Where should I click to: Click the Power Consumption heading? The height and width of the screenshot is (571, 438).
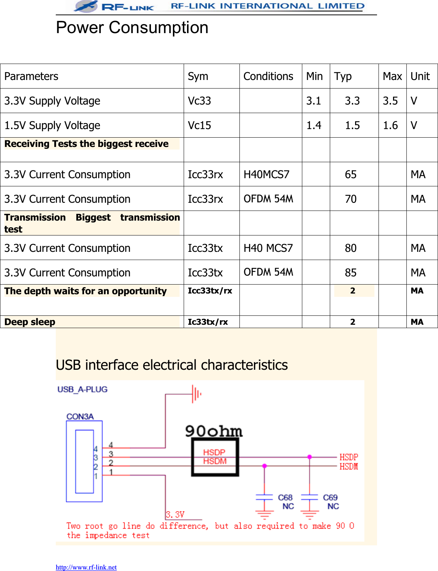[132, 28]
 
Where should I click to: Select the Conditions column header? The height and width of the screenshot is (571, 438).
[268, 76]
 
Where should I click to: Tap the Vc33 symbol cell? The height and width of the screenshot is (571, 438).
[199, 101]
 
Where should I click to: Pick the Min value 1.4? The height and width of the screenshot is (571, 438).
[313, 125]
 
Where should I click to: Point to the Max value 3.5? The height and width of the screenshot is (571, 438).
[390, 101]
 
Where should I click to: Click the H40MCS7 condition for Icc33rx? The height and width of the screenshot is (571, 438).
[266, 174]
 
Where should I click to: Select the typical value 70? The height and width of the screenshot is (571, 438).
[351, 199]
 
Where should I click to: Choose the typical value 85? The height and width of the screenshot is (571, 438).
[351, 273]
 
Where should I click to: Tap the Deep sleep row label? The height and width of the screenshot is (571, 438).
[30, 322]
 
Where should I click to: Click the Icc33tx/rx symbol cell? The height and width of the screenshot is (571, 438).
[210, 291]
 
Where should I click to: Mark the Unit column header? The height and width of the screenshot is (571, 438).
[420, 76]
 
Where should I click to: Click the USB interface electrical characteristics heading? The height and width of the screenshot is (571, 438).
[171, 365]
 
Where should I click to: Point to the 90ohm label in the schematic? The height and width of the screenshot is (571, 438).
[214, 431]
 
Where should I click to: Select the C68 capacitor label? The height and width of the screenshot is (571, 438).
[285, 497]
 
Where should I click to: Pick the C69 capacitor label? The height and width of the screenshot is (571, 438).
[330, 497]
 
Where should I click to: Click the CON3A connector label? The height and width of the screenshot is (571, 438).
[80, 417]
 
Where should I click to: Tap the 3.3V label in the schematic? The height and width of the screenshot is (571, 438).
[175, 515]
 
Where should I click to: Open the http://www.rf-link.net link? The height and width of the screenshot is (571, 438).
[86, 567]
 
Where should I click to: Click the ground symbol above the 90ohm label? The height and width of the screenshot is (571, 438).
[196, 394]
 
